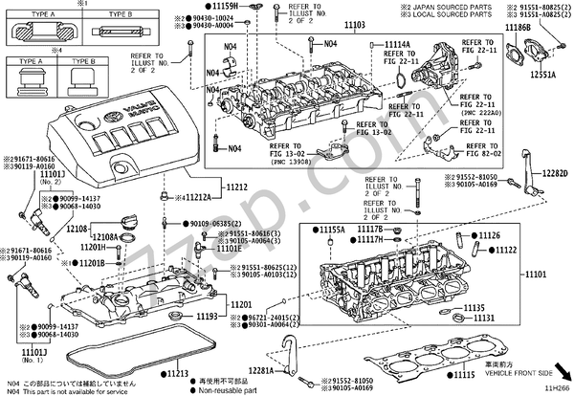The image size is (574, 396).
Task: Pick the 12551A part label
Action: pyautogui.click(x=542, y=74)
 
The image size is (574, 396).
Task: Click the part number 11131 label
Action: pyautogui.click(x=485, y=318)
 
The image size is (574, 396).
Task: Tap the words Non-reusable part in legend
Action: pyautogui.click(x=229, y=389)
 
